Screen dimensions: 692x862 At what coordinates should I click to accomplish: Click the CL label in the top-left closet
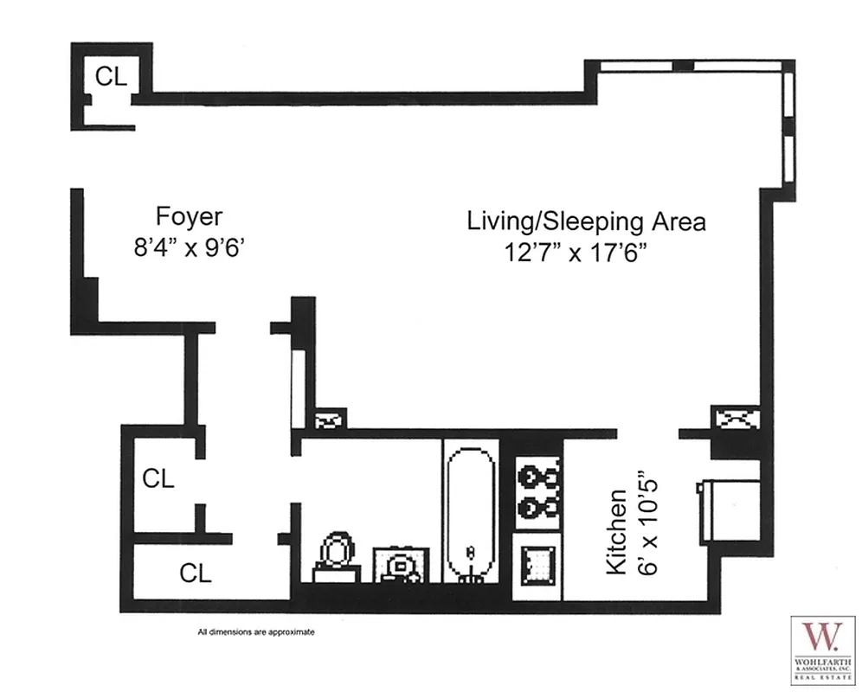click(111, 76)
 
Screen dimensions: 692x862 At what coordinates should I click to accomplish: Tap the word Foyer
click(189, 216)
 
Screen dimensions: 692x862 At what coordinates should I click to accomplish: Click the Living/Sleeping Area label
click(586, 221)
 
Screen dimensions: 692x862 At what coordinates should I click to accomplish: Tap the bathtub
click(470, 510)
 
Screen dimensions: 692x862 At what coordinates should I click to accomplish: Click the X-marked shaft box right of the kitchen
click(735, 419)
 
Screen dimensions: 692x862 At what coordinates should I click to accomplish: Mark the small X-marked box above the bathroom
click(329, 420)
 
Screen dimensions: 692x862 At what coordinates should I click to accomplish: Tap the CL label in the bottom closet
click(196, 573)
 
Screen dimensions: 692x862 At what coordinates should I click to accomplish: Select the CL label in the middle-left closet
click(158, 478)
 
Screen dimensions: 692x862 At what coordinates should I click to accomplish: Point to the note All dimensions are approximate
click(256, 632)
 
